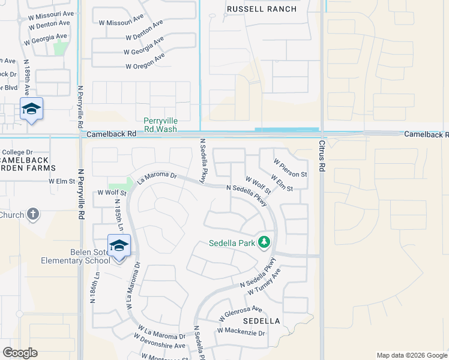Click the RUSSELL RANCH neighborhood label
[x=262, y=9]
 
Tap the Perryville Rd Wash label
[x=160, y=125]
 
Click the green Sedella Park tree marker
[x=264, y=242]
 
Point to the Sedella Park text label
[x=232, y=244]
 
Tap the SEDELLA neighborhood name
[x=262, y=321]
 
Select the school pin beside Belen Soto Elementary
[x=119, y=245]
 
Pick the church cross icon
[x=34, y=214]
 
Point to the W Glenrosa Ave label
[x=241, y=313]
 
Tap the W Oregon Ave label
[x=145, y=61]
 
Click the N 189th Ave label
[x=26, y=78]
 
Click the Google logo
[x=20, y=353]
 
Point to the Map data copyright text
[x=411, y=355]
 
